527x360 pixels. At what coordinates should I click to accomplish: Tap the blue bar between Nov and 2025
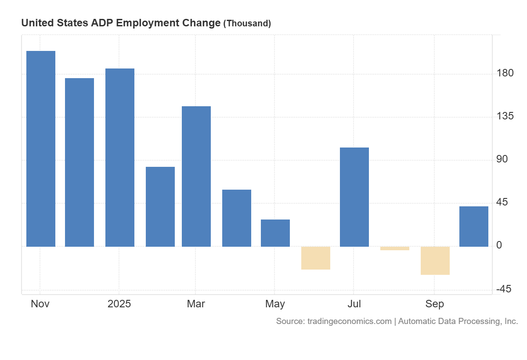[x=79, y=162]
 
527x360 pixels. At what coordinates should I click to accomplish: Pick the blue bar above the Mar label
[x=196, y=176]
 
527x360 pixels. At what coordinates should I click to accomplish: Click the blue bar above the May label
[x=275, y=233]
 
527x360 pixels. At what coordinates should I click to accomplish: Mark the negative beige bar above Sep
[x=435, y=260]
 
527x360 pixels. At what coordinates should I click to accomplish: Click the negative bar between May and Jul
[x=316, y=258]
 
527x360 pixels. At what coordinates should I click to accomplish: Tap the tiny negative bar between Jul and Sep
[x=395, y=248]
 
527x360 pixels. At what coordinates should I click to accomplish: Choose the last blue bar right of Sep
[x=474, y=226]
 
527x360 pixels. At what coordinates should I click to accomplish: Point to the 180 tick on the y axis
[x=505, y=73]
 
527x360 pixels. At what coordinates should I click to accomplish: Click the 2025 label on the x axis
[x=119, y=304]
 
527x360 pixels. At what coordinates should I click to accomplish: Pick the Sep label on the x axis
[x=434, y=304]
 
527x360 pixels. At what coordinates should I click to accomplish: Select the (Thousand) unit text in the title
[x=247, y=24]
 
